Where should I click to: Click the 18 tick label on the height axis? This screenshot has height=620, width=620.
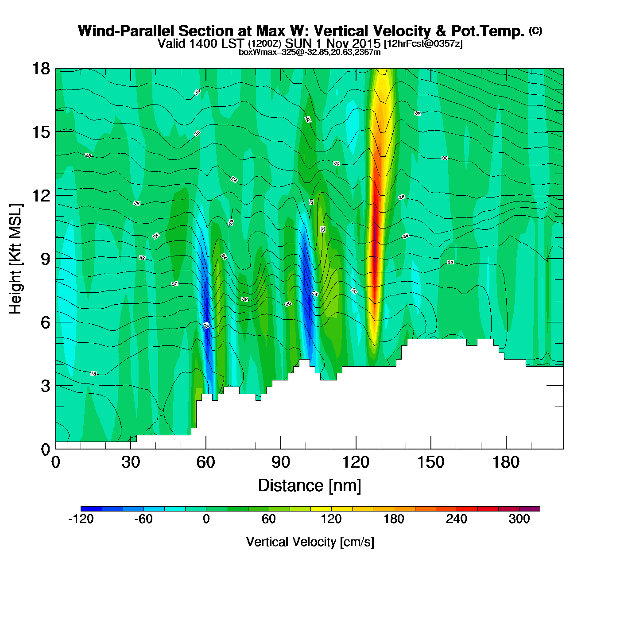point(40,69)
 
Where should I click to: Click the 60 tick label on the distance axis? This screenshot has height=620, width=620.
point(205,462)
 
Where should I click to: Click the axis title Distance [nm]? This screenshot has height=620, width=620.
point(310,485)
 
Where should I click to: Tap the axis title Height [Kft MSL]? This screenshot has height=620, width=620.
point(15,259)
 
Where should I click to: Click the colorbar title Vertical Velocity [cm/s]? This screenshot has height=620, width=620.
point(310,542)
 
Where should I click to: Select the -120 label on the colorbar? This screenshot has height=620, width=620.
point(81,519)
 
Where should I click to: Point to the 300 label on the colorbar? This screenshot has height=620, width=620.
point(519,519)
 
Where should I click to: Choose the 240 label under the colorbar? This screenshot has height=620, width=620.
point(457,519)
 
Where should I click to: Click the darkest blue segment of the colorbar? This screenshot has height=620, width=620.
point(91,508)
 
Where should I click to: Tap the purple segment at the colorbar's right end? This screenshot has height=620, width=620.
point(530,508)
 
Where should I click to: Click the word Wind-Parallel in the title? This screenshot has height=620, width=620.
point(127,31)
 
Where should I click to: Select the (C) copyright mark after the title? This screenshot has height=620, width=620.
point(535,31)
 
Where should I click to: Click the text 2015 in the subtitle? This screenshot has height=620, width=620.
point(364,43)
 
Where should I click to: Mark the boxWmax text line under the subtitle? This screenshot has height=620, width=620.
point(310,52)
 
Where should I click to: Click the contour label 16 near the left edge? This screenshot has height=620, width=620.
point(93,374)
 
